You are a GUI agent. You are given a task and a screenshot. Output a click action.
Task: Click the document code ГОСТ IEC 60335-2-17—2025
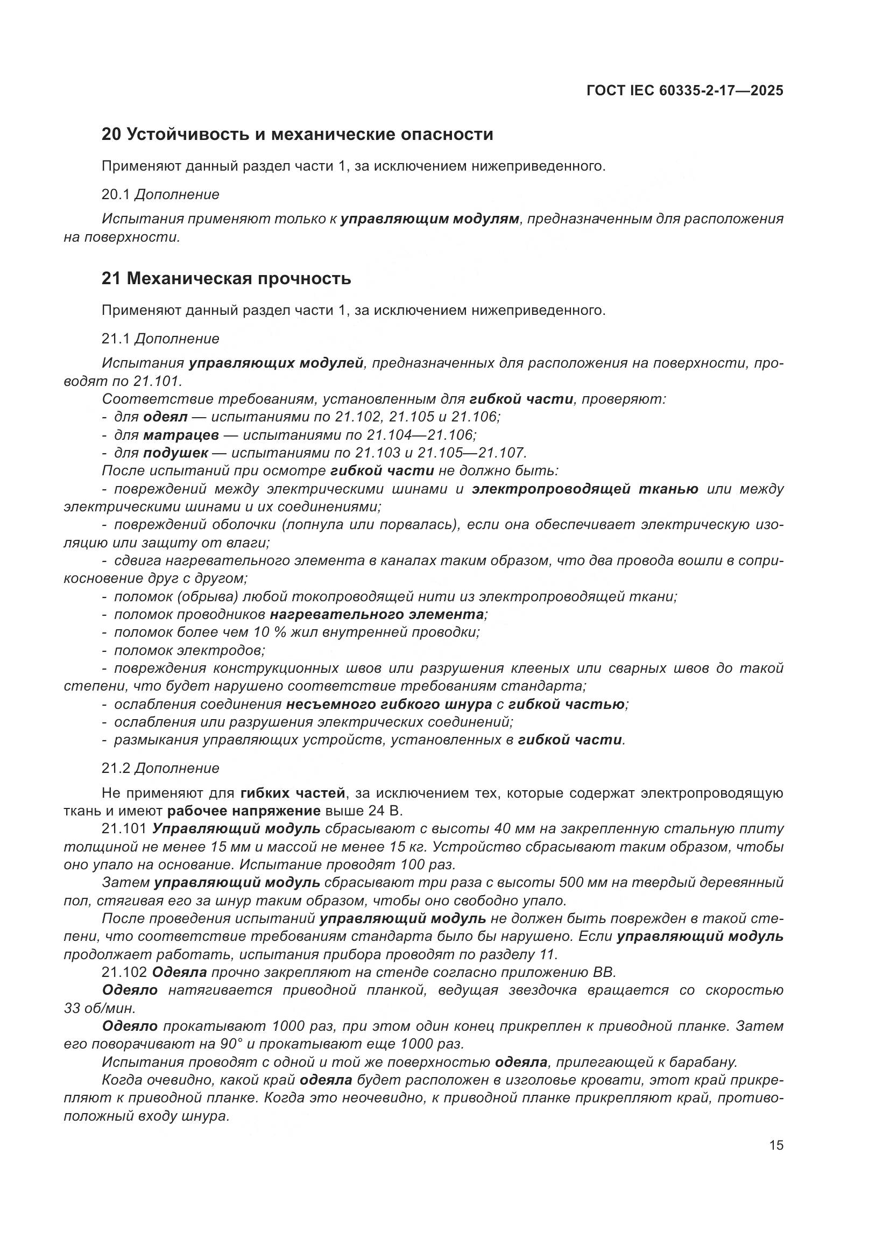[684, 91]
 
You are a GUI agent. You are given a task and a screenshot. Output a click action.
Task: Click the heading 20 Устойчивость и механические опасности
[297, 135]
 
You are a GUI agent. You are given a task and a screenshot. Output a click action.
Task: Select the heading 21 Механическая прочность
[226, 279]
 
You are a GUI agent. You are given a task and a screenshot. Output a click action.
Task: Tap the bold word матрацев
[181, 435]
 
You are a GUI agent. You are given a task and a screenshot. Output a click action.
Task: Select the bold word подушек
[175, 453]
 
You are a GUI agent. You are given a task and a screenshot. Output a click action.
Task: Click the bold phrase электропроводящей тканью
[585, 489]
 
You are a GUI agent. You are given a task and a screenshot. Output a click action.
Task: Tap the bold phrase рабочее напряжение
[244, 811]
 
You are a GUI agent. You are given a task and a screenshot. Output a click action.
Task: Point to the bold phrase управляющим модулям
[429, 219]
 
